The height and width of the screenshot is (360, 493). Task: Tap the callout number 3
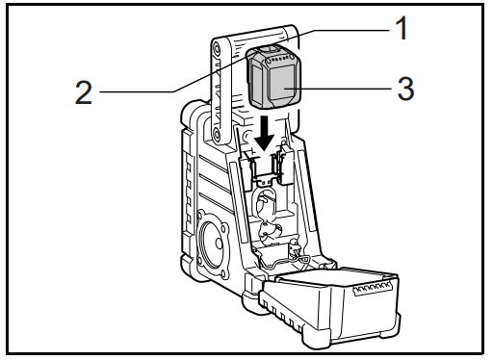pyautogui.click(x=404, y=91)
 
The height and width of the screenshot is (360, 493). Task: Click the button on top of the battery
pyautogui.click(x=272, y=49)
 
